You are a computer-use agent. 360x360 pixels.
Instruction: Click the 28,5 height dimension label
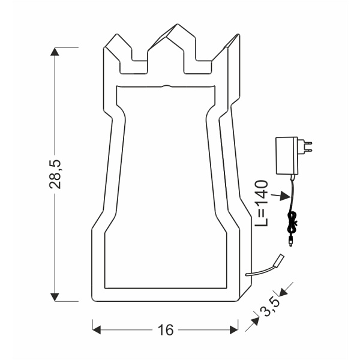[56, 174]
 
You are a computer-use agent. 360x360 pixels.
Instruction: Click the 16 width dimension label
[166, 329]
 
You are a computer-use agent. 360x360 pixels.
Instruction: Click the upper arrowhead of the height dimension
[55, 52]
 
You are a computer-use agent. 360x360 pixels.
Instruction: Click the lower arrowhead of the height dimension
[55, 296]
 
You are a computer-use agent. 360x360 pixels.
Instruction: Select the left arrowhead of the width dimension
[96, 329]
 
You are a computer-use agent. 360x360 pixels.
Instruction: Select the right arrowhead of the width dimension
[235, 329]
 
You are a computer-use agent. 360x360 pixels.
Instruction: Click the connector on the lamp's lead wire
[278, 260]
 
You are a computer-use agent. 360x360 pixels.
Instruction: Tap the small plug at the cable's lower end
[292, 242]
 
